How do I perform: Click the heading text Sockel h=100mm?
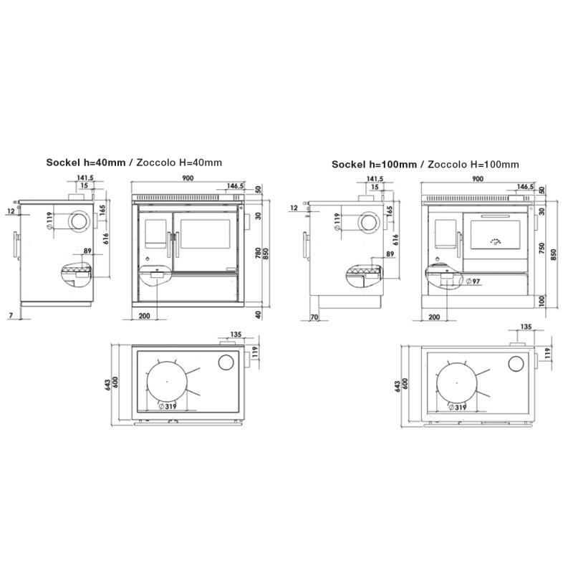point(374,164)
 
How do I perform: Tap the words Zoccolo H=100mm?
point(473,164)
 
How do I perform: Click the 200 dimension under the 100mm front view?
point(433,316)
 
